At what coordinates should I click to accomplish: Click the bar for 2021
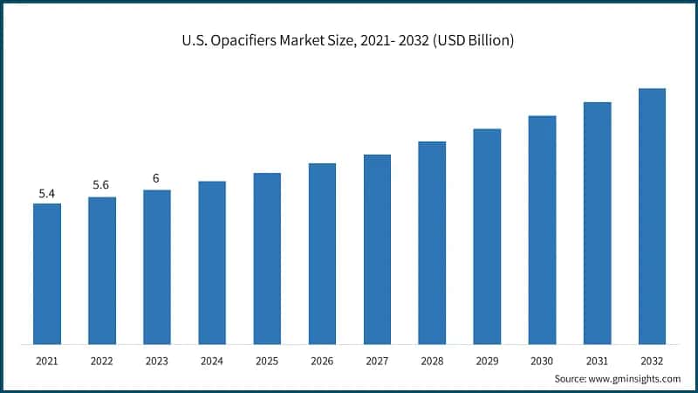coord(47,273)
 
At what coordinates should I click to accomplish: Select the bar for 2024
coord(212,262)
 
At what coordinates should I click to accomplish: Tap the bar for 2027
coord(377,249)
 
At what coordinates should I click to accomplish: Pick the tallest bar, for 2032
coord(652,216)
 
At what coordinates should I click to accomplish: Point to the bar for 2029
coord(487,236)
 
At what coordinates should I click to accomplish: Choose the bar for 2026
coord(322,253)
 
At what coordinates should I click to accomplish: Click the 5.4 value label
coord(47,192)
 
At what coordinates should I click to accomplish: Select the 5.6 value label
coord(102,185)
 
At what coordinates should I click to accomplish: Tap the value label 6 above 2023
coord(156,178)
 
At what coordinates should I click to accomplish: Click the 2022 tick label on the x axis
coord(102,360)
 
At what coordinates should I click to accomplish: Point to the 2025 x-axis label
coord(267,360)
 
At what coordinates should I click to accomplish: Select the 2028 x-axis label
coord(432,360)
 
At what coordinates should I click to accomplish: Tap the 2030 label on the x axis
coord(542,360)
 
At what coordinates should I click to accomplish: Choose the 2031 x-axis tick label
coord(597,360)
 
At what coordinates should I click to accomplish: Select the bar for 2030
coord(542,230)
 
